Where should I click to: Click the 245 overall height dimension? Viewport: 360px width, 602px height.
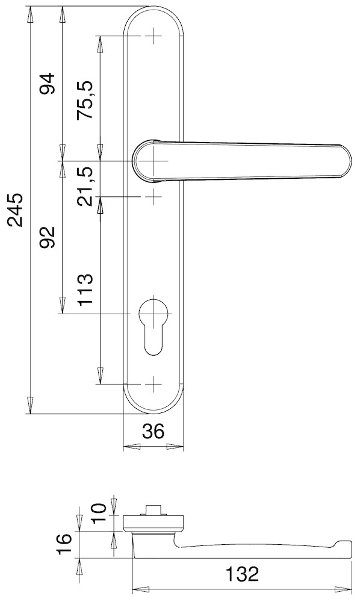17,210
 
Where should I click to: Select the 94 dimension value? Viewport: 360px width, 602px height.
49,83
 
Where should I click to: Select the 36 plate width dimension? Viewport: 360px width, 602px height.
154,432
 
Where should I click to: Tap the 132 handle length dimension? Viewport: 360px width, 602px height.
242,574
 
